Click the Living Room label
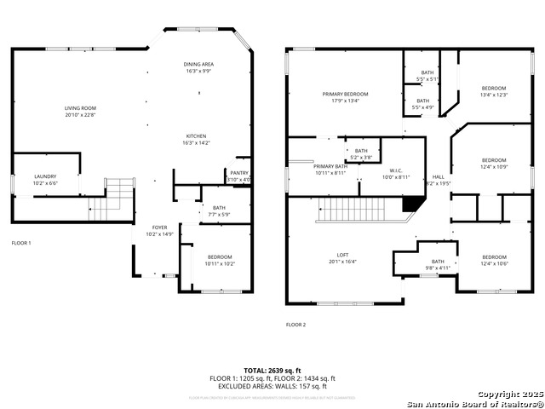81,108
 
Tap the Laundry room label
44,176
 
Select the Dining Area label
198,65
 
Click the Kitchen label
197,136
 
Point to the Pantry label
238,173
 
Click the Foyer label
160,228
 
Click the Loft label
342,256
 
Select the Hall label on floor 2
438,176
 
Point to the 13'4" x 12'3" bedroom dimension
494,95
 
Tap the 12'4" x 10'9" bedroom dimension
494,166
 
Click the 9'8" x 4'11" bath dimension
438,268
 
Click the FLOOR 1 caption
20,244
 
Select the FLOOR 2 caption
295,325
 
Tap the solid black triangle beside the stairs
413,204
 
